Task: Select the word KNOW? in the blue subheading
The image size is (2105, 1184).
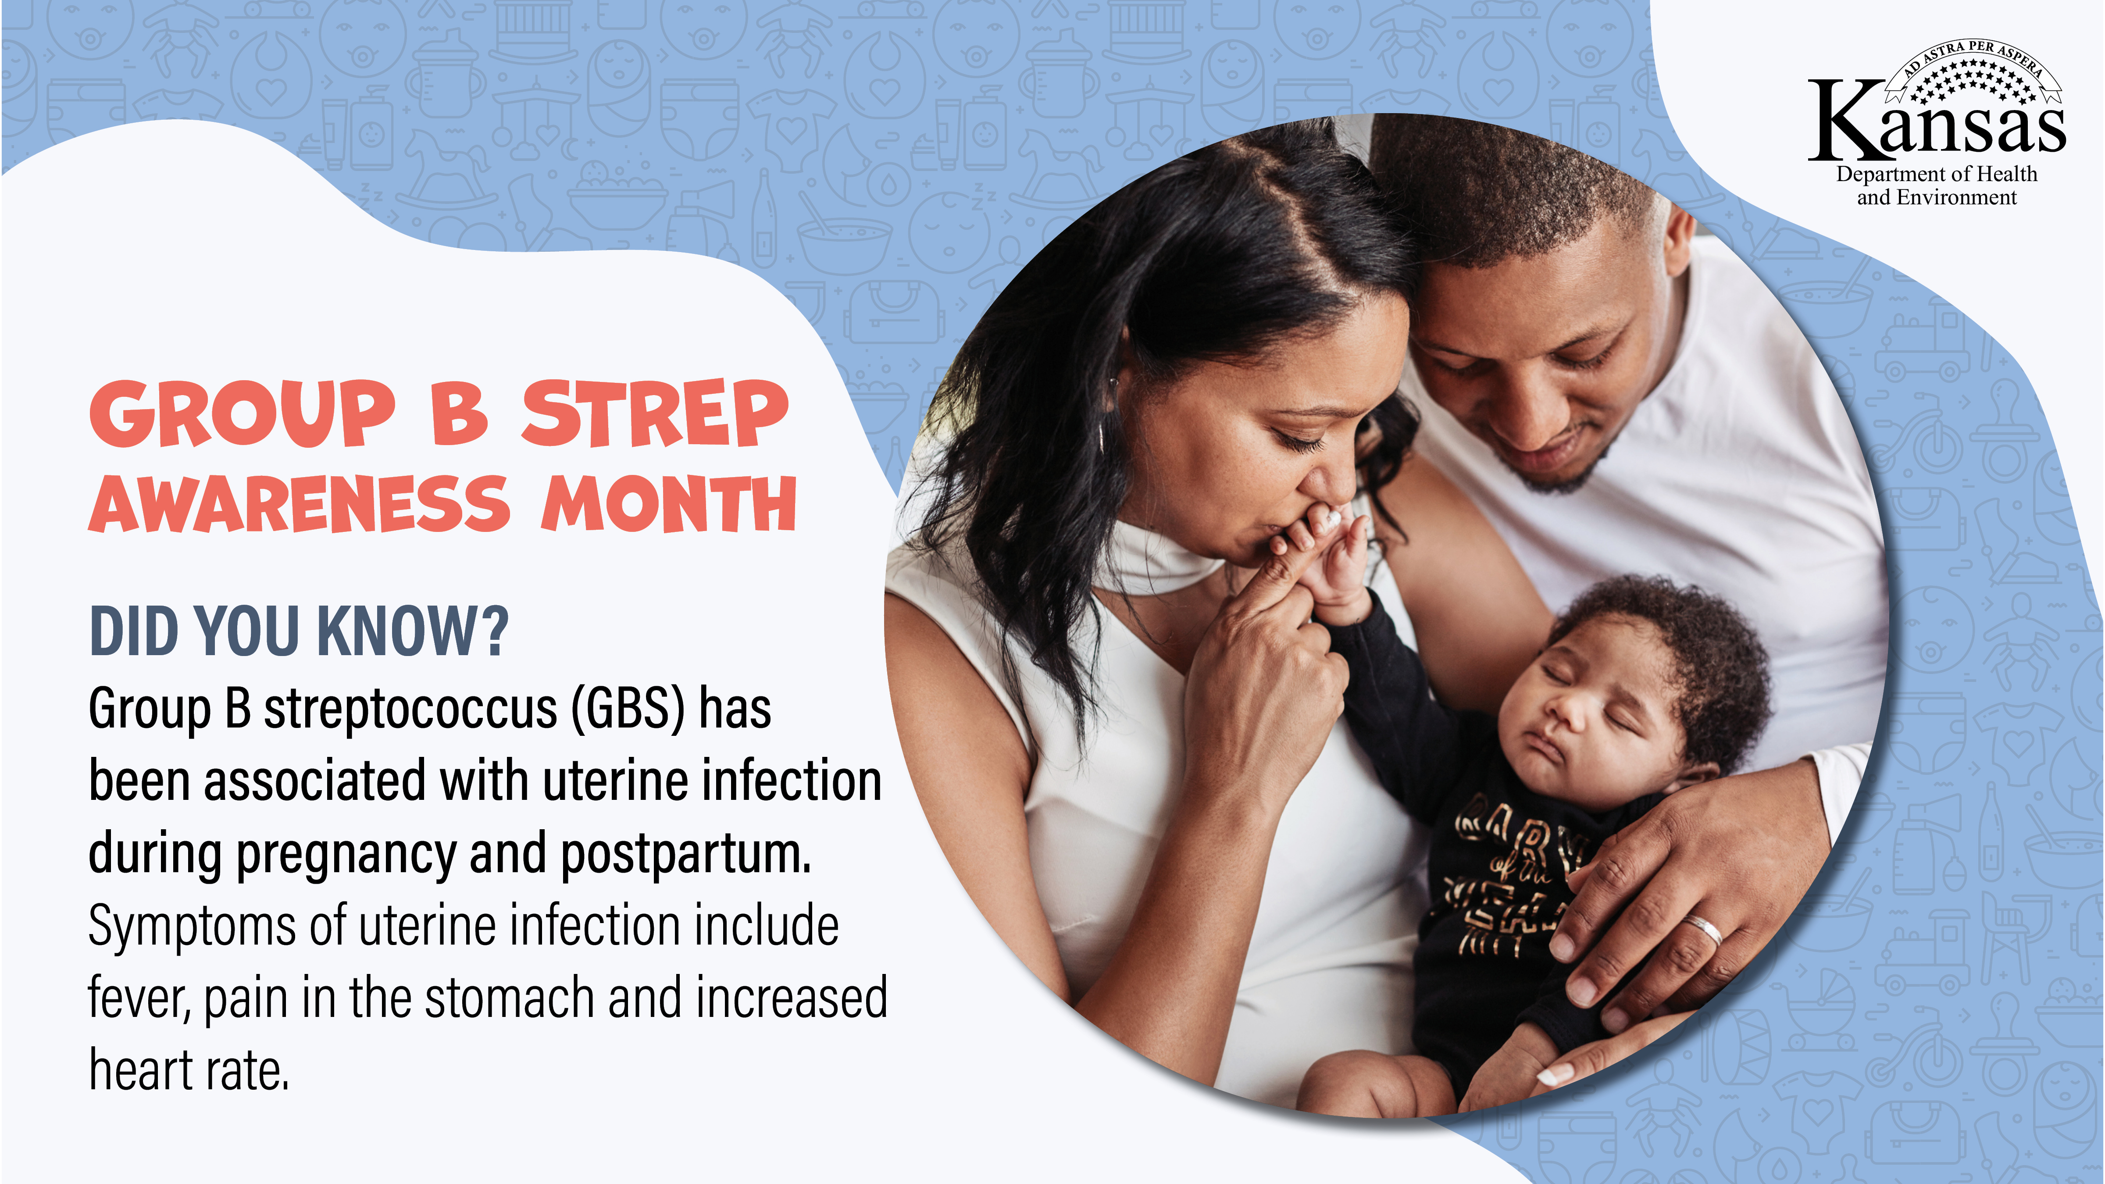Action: [413, 631]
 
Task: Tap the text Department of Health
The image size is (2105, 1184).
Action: [1937, 174]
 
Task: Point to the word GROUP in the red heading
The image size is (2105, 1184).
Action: [242, 414]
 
